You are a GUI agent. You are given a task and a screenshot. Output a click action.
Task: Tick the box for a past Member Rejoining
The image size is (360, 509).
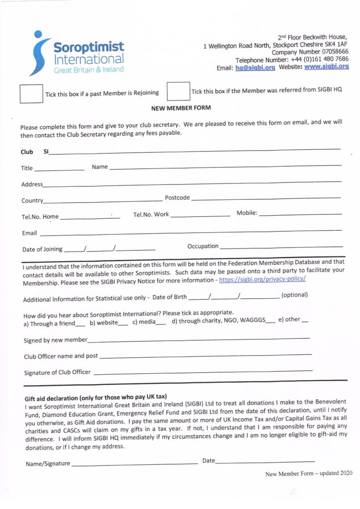tap(31, 93)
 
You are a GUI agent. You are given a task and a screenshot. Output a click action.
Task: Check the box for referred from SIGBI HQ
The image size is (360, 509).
tap(178, 91)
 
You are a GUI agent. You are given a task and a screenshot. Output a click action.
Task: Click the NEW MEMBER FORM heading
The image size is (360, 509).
tap(180, 108)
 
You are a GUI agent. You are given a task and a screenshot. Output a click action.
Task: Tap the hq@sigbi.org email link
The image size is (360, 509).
tap(255, 68)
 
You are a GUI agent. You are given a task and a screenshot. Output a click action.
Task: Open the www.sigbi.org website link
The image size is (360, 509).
tap(326, 67)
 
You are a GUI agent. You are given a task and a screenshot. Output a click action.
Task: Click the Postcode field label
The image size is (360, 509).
tap(177, 198)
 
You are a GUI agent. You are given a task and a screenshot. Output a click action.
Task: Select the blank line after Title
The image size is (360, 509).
tap(60, 170)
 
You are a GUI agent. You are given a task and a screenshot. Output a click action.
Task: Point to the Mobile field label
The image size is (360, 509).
tap(247, 213)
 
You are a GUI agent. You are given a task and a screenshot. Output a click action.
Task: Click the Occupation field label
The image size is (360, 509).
tap(203, 246)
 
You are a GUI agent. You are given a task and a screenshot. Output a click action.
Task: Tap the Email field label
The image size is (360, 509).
tap(29, 233)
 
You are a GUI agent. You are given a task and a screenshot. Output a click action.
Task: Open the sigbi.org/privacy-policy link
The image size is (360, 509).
tap(262, 279)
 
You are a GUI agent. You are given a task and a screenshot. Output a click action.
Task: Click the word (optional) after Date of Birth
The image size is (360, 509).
tap(294, 295)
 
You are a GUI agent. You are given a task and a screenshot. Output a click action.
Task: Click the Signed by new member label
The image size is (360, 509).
tap(56, 340)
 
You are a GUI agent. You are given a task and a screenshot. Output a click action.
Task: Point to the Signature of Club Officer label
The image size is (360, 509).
tap(57, 372)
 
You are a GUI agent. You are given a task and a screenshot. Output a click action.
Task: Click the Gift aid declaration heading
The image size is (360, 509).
tap(95, 398)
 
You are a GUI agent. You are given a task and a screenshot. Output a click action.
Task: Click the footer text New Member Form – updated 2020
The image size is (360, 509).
tap(309, 474)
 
